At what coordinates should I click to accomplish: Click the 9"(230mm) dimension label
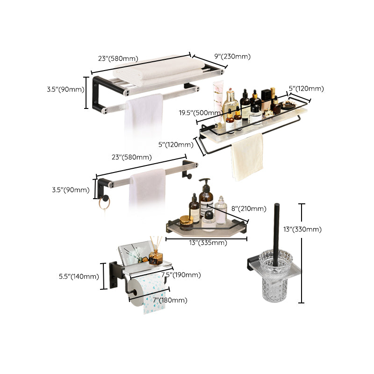(232, 57)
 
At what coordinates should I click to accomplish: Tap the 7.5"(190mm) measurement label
(181, 275)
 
